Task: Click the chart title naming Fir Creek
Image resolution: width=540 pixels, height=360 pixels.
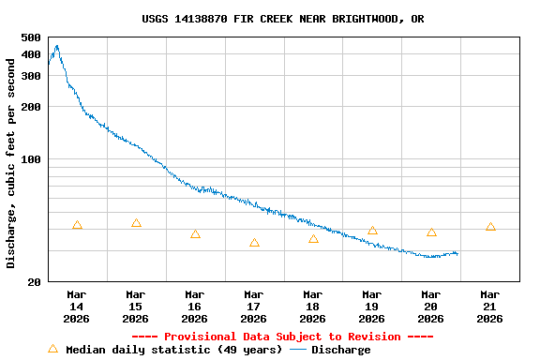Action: [x=282, y=19]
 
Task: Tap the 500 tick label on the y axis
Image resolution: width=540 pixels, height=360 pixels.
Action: [x=30, y=37]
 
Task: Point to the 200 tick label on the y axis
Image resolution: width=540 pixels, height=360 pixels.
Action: [x=30, y=107]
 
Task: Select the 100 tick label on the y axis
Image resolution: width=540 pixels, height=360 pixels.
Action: [x=30, y=159]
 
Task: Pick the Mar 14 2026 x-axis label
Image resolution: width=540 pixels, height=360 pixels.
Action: [x=77, y=306]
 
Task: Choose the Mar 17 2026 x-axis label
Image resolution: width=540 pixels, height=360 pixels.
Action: [x=254, y=306]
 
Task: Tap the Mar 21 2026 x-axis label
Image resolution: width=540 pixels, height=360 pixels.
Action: [x=490, y=306]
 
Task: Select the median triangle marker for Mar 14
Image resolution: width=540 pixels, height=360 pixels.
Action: [x=77, y=225]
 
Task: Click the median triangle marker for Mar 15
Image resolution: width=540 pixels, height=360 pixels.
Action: [x=136, y=223]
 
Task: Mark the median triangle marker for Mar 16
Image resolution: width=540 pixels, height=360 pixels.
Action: [x=195, y=234]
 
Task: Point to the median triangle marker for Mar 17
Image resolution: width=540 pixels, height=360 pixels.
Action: [x=254, y=243]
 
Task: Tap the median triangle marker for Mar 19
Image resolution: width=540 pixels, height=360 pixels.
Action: [x=372, y=231]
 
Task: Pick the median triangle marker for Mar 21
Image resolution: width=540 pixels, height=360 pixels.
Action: [x=490, y=227]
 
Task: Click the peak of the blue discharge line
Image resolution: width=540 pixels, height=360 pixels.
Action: [x=56, y=45]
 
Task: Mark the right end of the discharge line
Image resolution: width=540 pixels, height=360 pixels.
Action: [x=457, y=253]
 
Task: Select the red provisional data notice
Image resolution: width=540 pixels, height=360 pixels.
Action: [x=282, y=337]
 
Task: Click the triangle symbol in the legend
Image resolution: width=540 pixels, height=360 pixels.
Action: [x=53, y=349]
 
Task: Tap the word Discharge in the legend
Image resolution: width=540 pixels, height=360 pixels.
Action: [x=340, y=350]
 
